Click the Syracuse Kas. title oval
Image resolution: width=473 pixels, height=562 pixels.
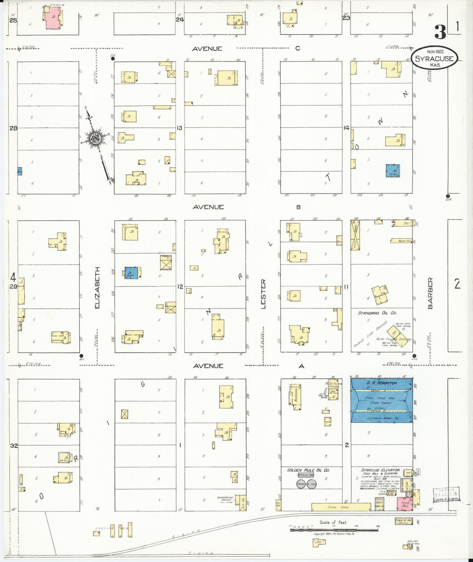tap(434, 58)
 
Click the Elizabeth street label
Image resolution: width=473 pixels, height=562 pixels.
tap(97, 288)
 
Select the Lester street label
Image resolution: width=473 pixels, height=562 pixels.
tap(263, 294)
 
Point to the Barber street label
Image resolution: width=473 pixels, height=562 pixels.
tap(430, 293)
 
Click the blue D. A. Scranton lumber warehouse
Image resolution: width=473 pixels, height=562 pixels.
tap(381, 400)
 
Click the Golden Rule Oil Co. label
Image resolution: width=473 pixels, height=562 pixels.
tap(308, 470)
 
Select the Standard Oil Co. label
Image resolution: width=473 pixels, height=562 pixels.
tap(377, 313)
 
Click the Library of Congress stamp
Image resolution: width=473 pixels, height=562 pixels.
tap(446, 494)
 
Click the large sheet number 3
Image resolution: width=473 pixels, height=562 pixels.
tap(440, 32)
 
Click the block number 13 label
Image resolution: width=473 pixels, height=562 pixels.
tap(179, 128)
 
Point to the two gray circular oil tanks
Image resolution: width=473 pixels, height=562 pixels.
tap(306, 484)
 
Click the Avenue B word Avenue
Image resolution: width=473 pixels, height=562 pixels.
tap(208, 207)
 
